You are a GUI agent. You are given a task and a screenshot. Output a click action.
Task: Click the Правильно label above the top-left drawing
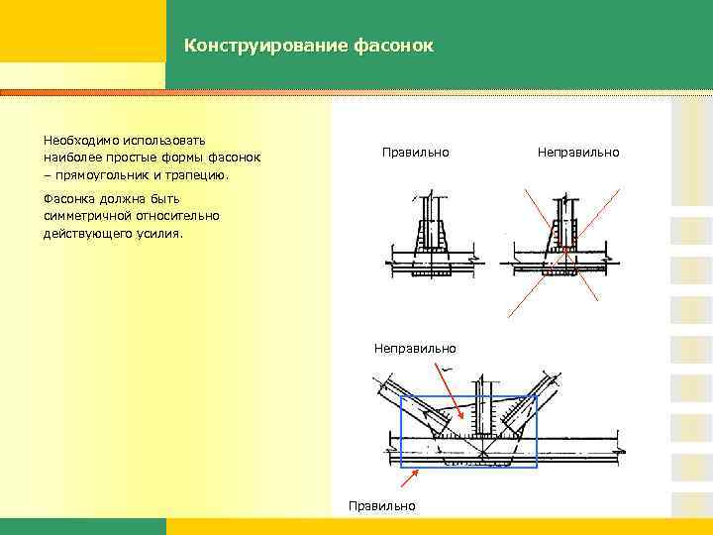pos(416,153)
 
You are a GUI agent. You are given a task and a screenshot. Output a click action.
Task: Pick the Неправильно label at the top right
pos(578,153)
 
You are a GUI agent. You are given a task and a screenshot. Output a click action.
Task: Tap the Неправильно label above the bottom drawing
pos(415,348)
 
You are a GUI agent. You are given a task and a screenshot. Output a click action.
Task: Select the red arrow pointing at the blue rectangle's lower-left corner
pos(408,477)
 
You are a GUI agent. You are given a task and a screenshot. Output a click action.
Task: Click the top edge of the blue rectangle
pos(467,395)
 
